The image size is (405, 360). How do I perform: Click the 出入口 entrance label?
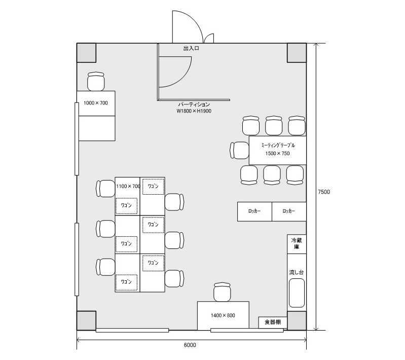tap(191, 49)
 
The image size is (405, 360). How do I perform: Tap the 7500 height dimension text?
tap(324, 192)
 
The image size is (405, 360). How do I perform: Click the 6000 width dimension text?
tap(190, 345)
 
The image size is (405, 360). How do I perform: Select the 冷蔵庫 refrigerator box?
tap(297, 244)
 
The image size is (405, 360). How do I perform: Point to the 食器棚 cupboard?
tap(273, 322)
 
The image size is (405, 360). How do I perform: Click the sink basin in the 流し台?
tap(296, 293)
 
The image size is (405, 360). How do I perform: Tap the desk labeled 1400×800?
tap(223, 315)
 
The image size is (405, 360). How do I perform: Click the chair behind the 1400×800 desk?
tap(223, 292)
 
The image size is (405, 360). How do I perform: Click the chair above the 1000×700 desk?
tap(96, 82)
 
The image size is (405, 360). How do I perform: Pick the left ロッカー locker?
tap(254, 211)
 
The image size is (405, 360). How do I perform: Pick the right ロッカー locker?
tap(289, 211)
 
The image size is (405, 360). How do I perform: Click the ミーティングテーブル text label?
tap(277, 145)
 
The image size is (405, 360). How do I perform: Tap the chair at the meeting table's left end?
tap(239, 150)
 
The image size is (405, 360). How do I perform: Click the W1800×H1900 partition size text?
tap(194, 111)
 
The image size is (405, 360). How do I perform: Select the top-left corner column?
tap(87, 53)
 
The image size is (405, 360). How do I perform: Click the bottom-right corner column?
tap(297, 320)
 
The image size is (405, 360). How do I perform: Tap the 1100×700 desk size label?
tap(128, 186)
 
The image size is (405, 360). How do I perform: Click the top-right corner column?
tap(297, 53)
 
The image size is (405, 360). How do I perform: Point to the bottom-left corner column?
tap(87, 320)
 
